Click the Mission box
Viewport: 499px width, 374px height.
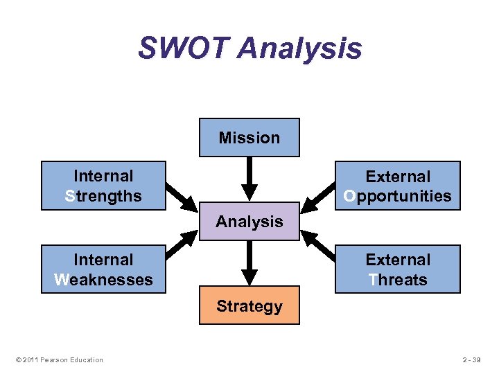coord(249,137)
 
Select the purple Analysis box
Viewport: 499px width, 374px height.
coord(249,222)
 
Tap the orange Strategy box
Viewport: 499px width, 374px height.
coord(249,305)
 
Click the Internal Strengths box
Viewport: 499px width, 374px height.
coord(103,186)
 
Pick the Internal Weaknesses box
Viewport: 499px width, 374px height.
coord(103,269)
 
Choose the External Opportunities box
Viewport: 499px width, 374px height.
coord(398,186)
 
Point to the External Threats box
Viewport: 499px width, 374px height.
coord(398,269)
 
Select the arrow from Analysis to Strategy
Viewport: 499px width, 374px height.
coord(249,263)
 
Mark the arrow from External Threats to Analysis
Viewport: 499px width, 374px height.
coord(317,244)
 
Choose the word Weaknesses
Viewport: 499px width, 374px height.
coord(103,280)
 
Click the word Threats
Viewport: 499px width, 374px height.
coord(398,280)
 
